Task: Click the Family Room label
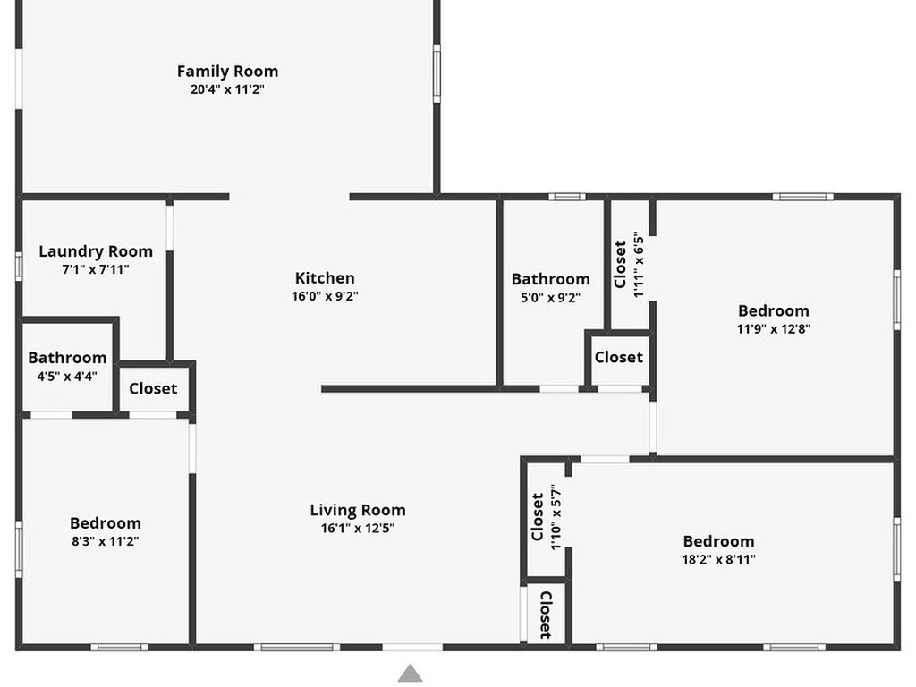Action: click(227, 72)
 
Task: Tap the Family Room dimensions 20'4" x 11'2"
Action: click(227, 89)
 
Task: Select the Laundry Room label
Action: click(96, 251)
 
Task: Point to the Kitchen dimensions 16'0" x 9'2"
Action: click(325, 296)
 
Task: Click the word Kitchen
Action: click(325, 278)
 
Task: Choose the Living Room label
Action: click(358, 510)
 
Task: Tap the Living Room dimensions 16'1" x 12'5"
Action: click(358, 528)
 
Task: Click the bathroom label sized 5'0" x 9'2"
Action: click(550, 279)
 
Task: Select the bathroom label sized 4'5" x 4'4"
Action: click(67, 358)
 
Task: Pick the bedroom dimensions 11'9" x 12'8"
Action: click(774, 329)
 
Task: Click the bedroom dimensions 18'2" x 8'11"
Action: click(718, 559)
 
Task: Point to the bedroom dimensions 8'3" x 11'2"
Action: click(106, 541)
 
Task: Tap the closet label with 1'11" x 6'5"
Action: click(621, 265)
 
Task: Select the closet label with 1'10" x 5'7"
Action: click(538, 517)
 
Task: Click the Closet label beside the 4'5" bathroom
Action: click(153, 388)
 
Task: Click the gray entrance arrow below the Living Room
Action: click(410, 673)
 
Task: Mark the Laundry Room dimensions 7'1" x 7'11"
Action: click(96, 269)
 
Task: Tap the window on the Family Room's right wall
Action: click(437, 73)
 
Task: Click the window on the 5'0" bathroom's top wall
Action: click(566, 197)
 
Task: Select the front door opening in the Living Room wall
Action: click(412, 648)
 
